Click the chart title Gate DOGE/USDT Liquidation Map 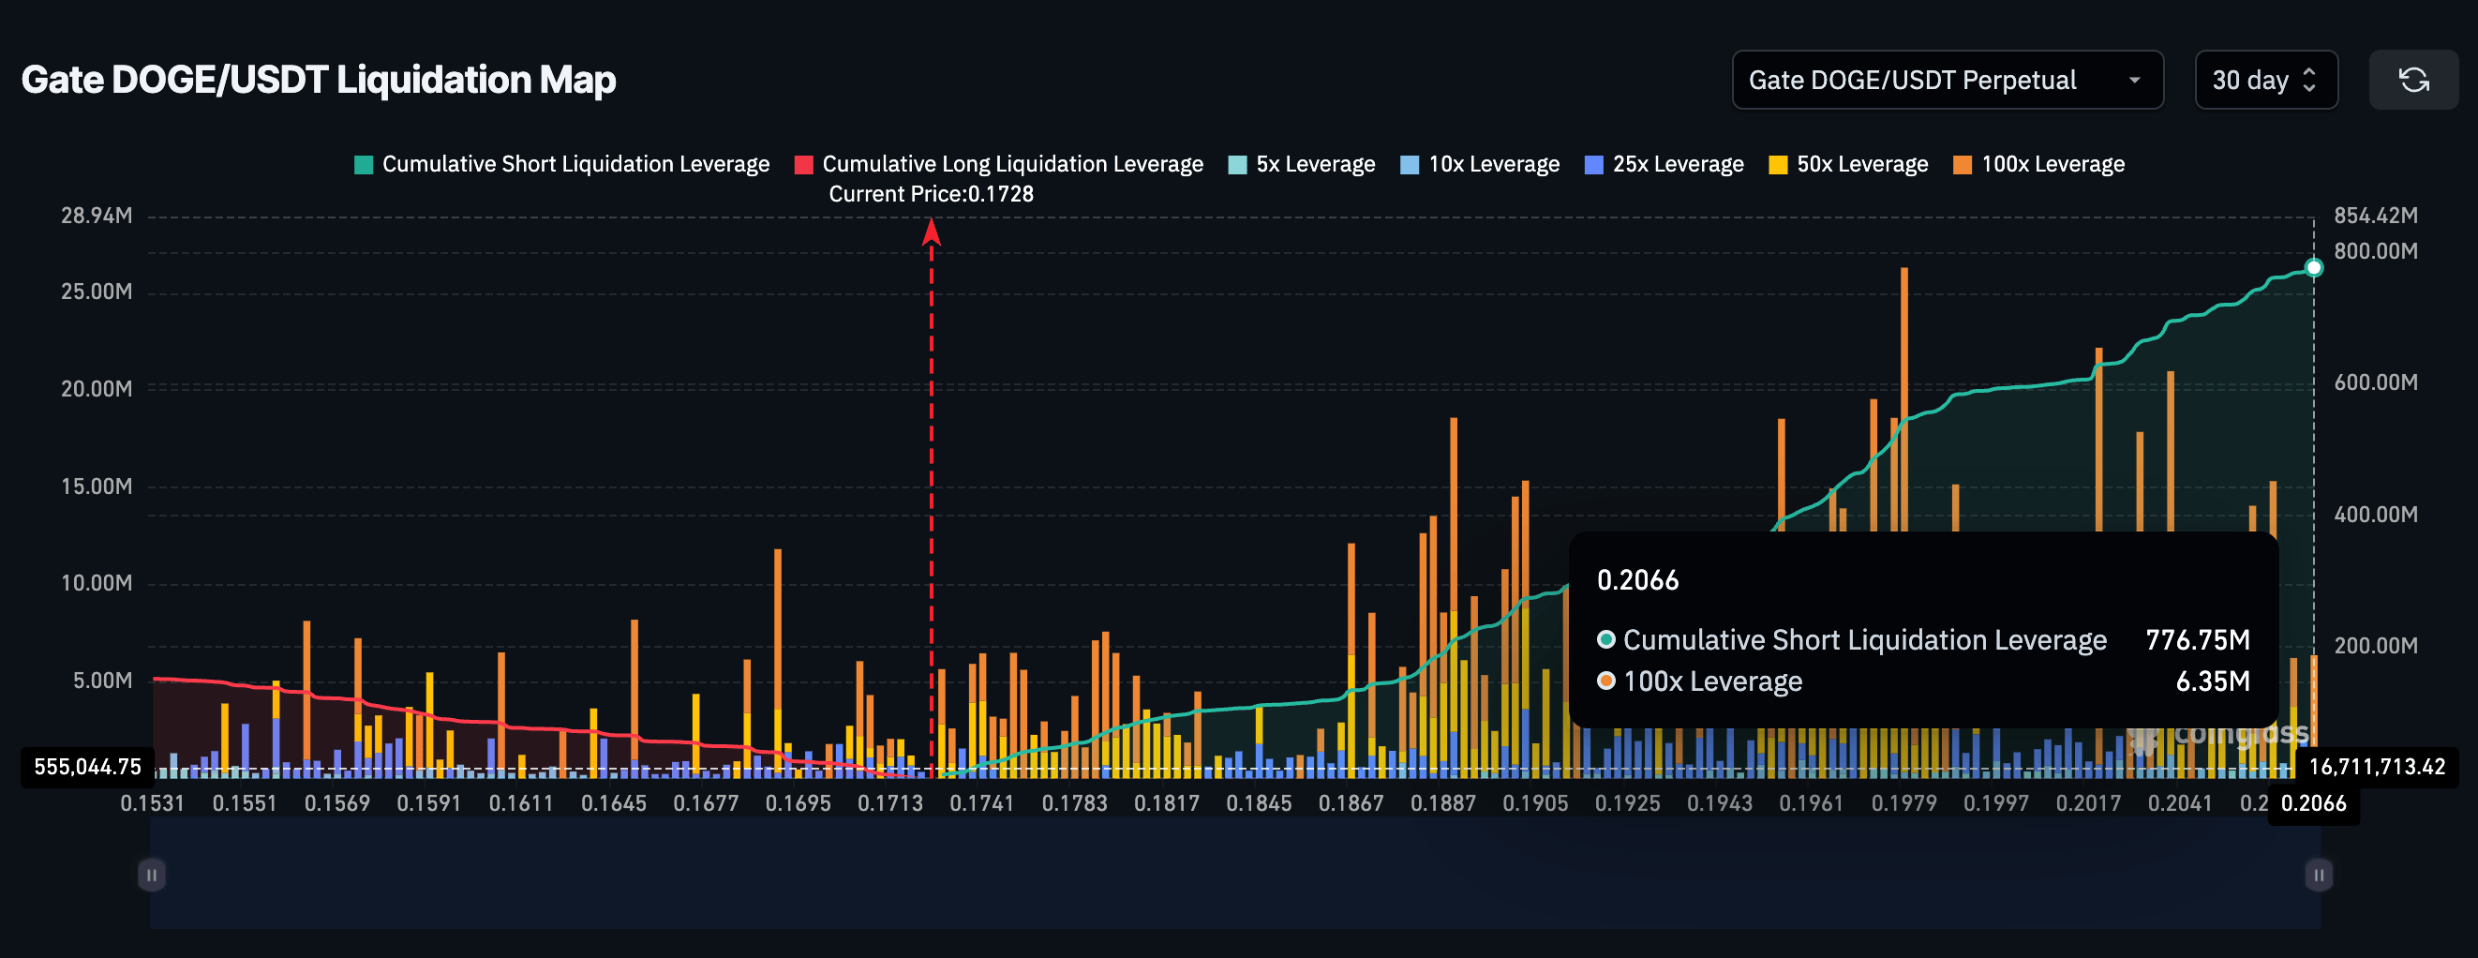319,80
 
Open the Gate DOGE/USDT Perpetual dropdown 1946,81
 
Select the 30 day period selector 2264,81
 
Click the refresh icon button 2412,81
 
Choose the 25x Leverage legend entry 1664,164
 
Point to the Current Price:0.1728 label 931,194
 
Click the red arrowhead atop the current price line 931,231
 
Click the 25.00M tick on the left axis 97,292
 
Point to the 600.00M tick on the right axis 2374,382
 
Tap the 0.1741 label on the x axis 981,803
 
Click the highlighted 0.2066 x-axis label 2312,803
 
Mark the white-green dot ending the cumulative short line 2312,267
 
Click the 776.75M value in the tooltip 2196,640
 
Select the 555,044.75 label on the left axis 87,767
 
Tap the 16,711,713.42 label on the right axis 2376,767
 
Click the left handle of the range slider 151,876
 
